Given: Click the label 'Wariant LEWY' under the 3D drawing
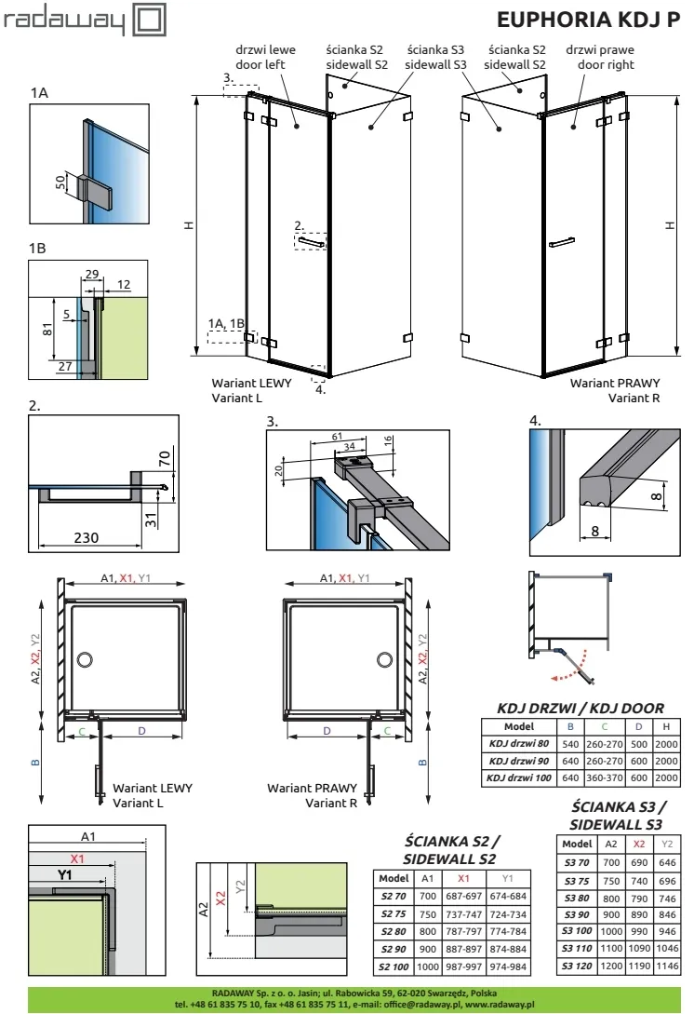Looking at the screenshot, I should [x=251, y=383].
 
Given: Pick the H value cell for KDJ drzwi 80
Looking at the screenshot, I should [x=666, y=742].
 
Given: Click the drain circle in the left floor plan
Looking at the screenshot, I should [x=86, y=660].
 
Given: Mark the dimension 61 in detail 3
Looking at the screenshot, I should [x=337, y=437].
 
